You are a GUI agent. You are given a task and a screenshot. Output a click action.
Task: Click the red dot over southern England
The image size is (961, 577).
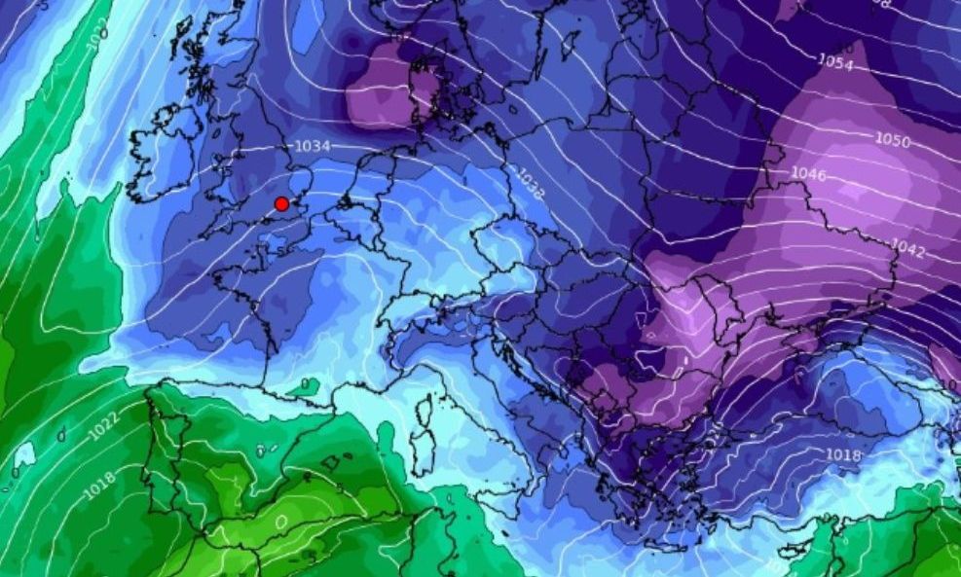click(x=281, y=203)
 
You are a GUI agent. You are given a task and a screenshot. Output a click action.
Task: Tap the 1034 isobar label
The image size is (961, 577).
click(x=313, y=146)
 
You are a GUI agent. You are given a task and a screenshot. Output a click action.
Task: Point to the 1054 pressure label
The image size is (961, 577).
click(x=835, y=61)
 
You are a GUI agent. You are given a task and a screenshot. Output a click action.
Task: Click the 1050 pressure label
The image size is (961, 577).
click(x=892, y=139)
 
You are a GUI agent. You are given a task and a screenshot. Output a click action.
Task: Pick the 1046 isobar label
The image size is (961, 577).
click(x=808, y=175)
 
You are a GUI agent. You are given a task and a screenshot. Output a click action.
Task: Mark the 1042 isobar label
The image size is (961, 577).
click(x=907, y=249)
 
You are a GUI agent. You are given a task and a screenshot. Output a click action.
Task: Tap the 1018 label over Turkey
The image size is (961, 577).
click(x=843, y=455)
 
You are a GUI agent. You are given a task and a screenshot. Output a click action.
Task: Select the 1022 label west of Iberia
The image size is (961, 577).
click(x=103, y=429)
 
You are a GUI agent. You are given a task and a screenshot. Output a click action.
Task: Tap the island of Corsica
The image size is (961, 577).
click(x=425, y=409)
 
